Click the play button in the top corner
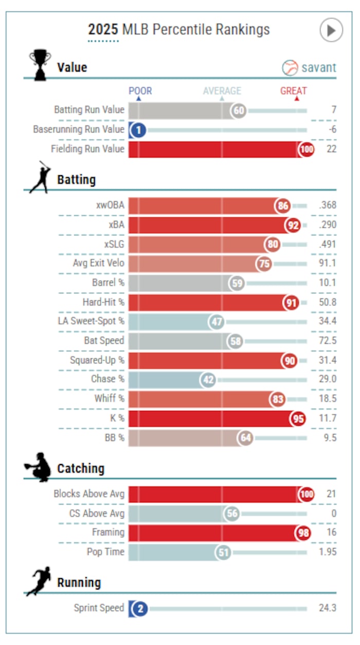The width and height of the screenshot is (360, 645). (x=331, y=30)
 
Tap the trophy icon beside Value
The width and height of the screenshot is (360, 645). (x=40, y=64)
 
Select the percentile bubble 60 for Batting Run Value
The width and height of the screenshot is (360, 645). (x=238, y=110)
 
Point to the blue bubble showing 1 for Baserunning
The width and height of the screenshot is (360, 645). (x=137, y=130)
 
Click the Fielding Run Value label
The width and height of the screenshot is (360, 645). (x=87, y=149)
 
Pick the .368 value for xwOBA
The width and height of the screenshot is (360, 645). (x=327, y=206)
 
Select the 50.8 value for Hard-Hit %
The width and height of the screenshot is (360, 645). (x=327, y=302)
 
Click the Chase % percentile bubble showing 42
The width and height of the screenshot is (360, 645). (x=208, y=379)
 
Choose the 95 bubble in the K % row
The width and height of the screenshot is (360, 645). (x=298, y=418)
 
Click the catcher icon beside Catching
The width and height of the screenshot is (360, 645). (x=38, y=468)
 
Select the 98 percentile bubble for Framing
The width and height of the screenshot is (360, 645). (x=302, y=533)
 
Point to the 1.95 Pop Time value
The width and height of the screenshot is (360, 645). (x=327, y=552)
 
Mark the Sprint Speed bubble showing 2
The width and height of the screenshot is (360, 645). (x=139, y=609)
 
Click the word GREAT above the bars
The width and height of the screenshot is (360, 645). (x=293, y=91)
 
